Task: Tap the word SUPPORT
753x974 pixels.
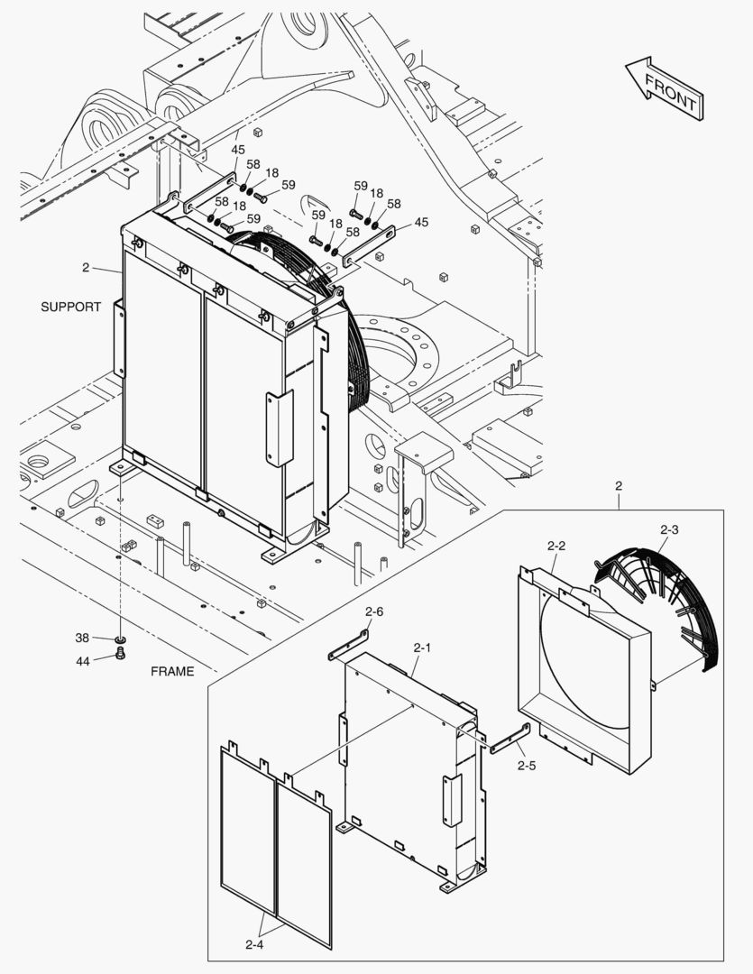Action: tap(71, 307)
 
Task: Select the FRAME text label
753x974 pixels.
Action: tap(172, 671)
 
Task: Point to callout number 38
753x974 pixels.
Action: tap(82, 638)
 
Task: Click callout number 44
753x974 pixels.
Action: tap(82, 660)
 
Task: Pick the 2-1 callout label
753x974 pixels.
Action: tap(423, 648)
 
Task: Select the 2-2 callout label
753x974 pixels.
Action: tap(556, 546)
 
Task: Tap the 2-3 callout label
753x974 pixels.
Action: tap(670, 529)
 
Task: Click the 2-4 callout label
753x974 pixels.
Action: tap(254, 945)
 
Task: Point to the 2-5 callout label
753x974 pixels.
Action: tap(527, 766)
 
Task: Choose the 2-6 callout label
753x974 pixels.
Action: tap(374, 611)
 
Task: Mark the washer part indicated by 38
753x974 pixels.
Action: tap(120, 639)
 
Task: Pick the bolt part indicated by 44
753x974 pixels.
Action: tap(121, 655)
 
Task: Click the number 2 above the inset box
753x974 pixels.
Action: tap(619, 486)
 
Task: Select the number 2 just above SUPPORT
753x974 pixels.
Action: tap(86, 268)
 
